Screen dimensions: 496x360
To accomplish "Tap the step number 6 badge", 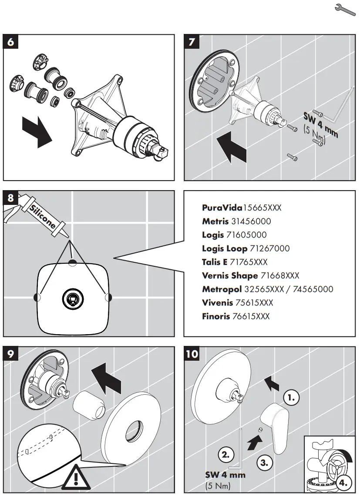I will pos(11,42).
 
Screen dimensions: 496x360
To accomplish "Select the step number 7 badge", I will pos(192,42).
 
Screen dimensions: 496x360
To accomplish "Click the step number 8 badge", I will pos(11,198).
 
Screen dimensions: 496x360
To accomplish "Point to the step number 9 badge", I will pos(11,354).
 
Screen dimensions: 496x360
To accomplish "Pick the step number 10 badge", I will pos(192,354).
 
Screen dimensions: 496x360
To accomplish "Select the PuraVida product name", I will pos(222,208).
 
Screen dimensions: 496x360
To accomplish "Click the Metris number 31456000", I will pos(251,221).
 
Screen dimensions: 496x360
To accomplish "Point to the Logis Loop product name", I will pos(224,248).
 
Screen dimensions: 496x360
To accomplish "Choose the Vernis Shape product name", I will pos(229,276).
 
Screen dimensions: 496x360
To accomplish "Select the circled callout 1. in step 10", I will pos(292,397).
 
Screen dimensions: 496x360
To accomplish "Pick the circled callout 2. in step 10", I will pos(225,455).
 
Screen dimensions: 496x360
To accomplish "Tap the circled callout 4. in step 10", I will pos(343,482).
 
